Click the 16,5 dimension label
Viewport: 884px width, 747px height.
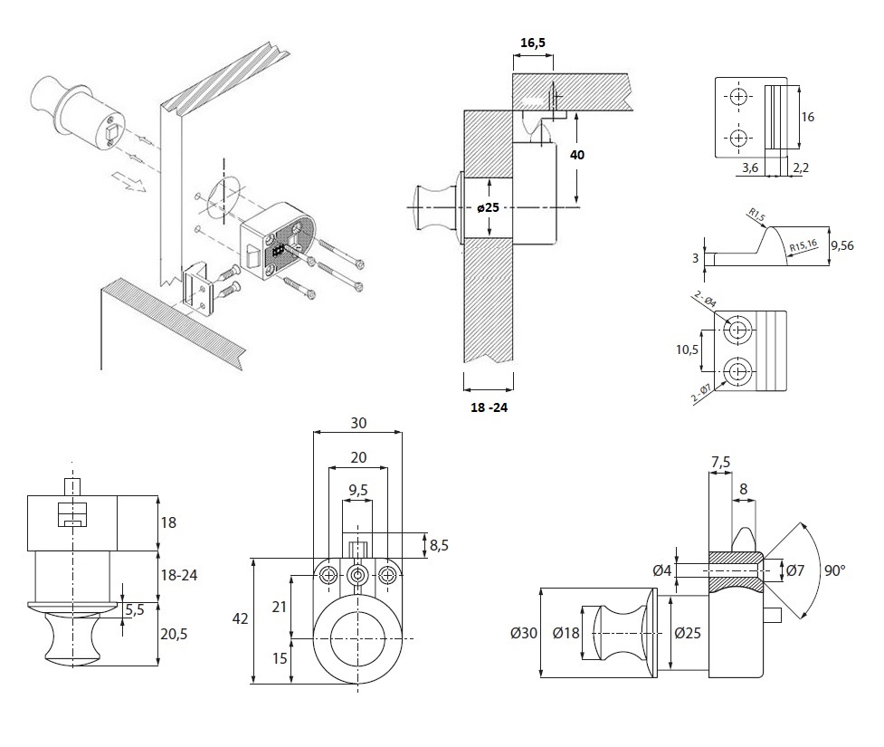(533, 42)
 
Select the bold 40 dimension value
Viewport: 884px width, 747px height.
(577, 155)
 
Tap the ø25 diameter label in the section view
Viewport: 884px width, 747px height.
(489, 208)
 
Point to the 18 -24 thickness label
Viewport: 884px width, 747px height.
(489, 407)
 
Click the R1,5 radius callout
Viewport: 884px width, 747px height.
(756, 215)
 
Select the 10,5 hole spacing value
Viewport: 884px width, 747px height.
(689, 350)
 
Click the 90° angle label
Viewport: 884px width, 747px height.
(833, 570)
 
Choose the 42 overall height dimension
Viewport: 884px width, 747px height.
(240, 619)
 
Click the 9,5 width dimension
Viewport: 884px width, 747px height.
(358, 491)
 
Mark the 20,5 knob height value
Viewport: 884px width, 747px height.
(173, 635)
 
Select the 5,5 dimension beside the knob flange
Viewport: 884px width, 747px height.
(136, 610)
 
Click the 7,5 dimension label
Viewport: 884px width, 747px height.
(721, 463)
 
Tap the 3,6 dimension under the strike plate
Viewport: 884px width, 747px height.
(749, 168)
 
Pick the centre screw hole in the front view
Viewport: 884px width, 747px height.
(358, 575)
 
